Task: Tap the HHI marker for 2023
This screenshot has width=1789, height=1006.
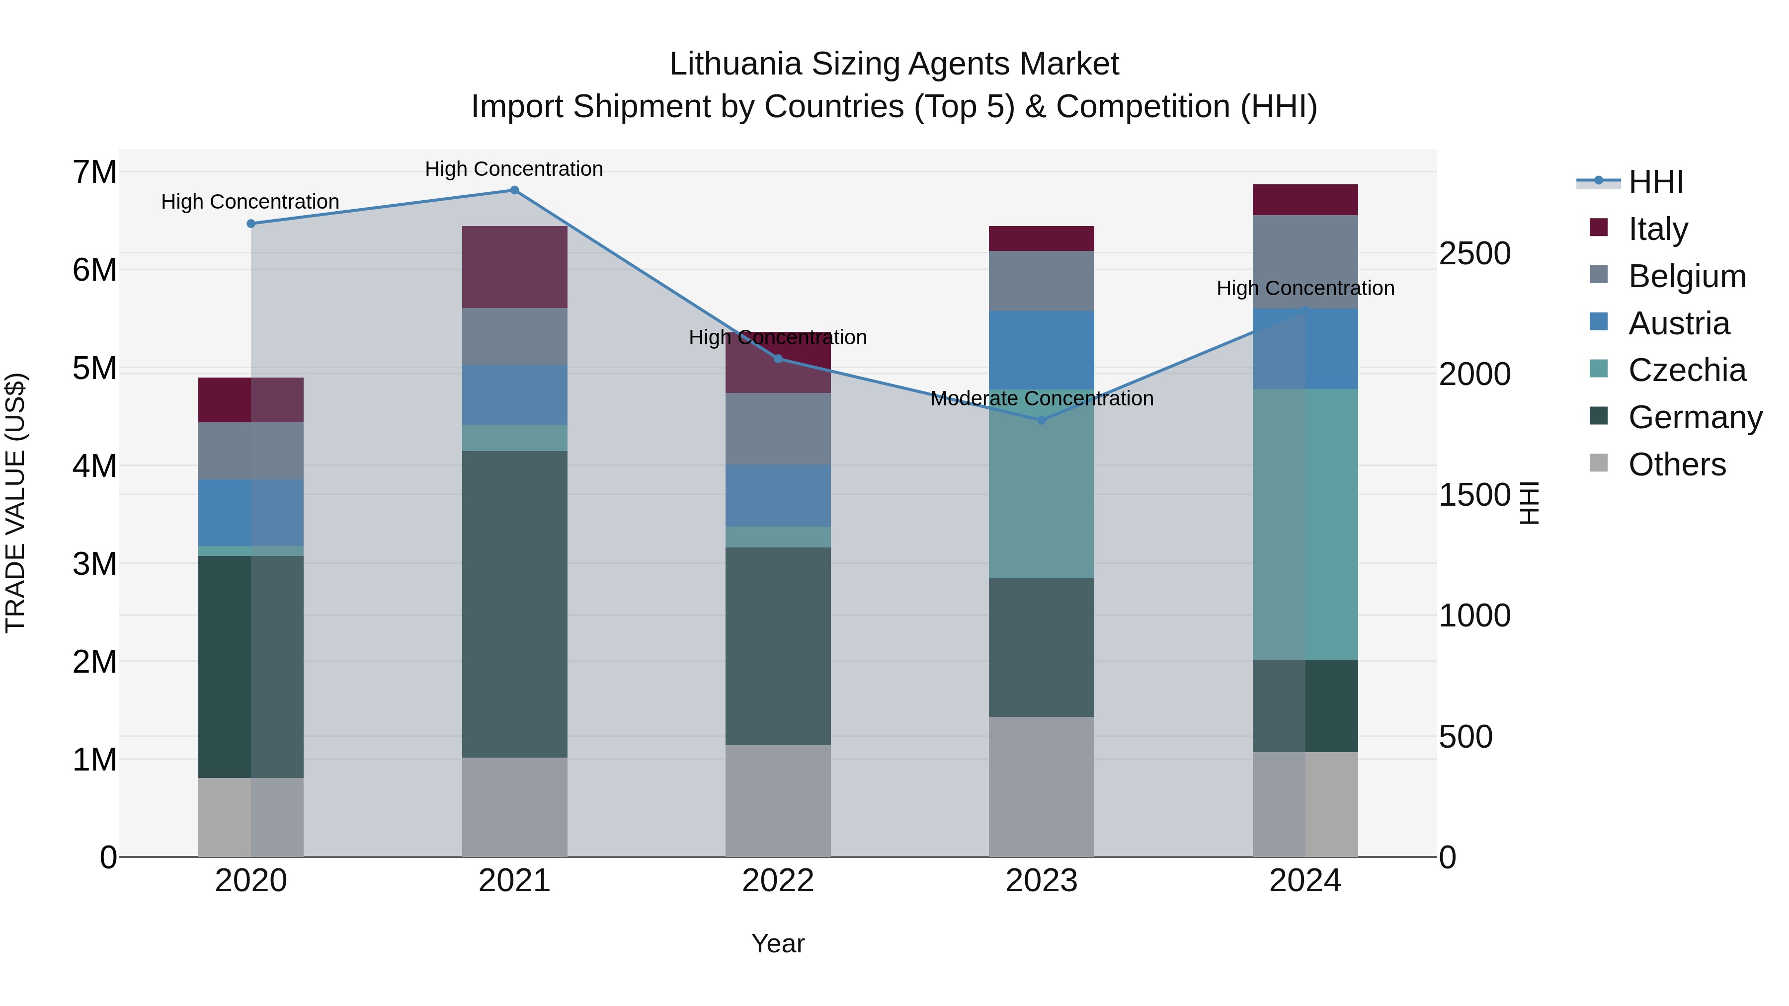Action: [x=1042, y=420]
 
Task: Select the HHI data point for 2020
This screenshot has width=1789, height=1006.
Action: [x=251, y=224]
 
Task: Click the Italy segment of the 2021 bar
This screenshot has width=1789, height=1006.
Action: [x=515, y=267]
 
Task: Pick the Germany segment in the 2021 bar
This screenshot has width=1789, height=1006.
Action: [x=515, y=604]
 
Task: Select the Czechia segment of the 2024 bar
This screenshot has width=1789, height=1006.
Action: [x=1305, y=524]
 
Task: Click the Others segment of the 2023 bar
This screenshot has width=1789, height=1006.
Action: [x=1042, y=786]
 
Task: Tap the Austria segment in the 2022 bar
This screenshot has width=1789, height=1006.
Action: [x=778, y=496]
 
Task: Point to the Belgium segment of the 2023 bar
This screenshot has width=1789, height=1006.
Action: [x=1042, y=281]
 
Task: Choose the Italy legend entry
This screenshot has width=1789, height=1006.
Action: [x=1658, y=229]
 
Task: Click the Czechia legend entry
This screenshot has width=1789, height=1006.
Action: [x=1686, y=370]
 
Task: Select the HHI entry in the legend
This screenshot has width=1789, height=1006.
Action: [x=1656, y=182]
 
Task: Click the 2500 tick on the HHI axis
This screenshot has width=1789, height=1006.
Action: [x=1474, y=253]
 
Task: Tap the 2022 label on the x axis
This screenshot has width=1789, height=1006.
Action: [x=778, y=881]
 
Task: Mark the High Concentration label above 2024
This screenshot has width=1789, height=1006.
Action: [x=1305, y=288]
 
